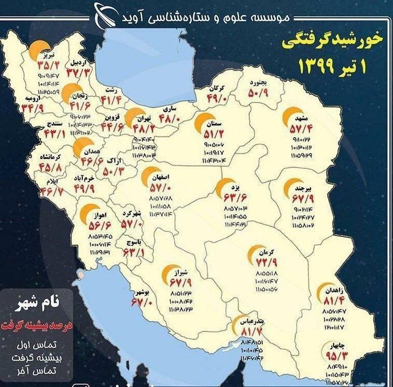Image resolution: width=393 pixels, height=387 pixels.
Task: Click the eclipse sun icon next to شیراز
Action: (169, 276)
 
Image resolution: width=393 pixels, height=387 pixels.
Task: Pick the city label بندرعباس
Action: (249, 321)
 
